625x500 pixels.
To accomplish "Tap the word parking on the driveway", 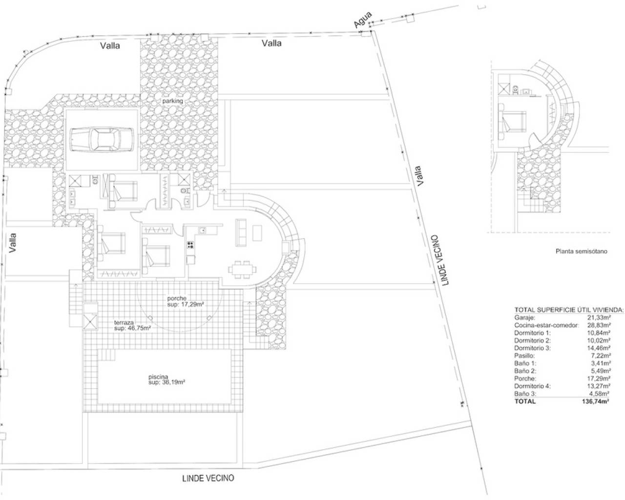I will pyautogui.click(x=173, y=101).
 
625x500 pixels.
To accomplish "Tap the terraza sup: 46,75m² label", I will pyautogui.click(x=132, y=325).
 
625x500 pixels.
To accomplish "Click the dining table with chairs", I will pyautogui.click(x=242, y=270).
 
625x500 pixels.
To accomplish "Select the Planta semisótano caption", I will pyautogui.click(x=581, y=252).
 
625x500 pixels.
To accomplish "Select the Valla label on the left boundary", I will pyautogui.click(x=13, y=242).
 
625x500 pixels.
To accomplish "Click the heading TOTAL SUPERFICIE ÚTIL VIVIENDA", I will pyautogui.click(x=569, y=310).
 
